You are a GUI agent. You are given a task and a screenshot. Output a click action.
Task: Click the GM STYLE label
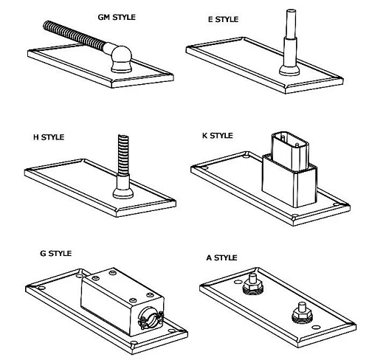pos(117,18)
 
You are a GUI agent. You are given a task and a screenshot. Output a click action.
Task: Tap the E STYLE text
pos(223,19)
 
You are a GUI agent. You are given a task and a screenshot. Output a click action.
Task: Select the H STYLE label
pos(49,137)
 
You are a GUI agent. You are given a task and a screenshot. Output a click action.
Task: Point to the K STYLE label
pos(218,136)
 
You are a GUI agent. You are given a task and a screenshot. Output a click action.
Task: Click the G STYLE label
pos(56,253)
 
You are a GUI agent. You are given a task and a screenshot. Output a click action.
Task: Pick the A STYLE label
pos(222,257)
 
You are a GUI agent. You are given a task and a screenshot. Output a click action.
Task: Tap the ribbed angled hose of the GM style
pos(75,35)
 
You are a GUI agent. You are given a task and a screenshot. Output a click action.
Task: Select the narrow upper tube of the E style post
pos(291,24)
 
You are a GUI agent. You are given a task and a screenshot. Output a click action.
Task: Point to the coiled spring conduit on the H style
pos(123,155)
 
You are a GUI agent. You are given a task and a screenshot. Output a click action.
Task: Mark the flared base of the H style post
pos(123,193)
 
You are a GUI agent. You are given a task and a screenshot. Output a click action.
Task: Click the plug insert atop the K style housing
pos(290,150)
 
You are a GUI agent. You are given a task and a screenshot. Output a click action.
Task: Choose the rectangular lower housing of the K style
pos(289,181)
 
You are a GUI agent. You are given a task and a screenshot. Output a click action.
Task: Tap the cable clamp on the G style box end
pos(151,317)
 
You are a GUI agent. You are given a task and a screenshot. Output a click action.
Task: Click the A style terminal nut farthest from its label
pos(303,314)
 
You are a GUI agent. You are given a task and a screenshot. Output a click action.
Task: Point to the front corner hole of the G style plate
pos(134,342)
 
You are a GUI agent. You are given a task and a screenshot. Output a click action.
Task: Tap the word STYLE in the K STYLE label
pos(221,136)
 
